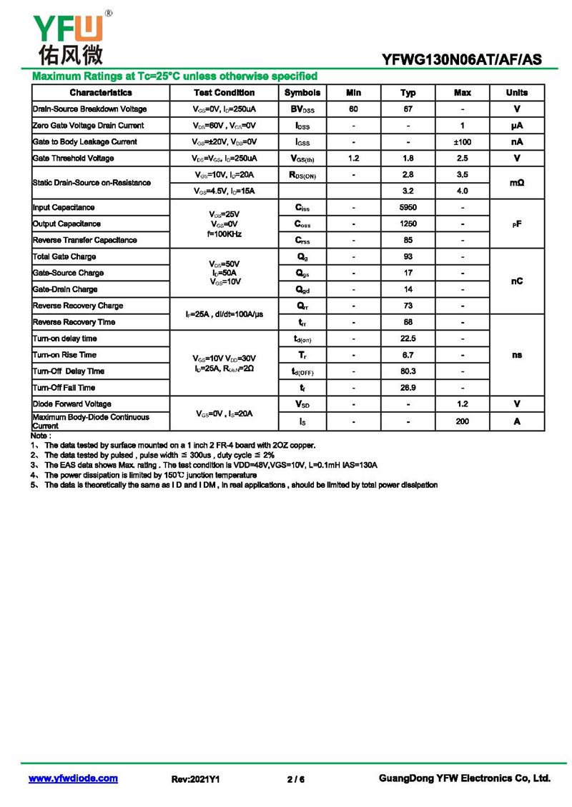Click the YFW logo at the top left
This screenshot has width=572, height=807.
click(x=68, y=36)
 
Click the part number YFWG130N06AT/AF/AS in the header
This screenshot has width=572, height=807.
click(x=462, y=60)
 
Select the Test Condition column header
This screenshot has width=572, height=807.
click(x=224, y=93)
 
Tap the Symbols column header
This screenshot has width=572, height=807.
click(x=302, y=93)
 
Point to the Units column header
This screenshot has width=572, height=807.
click(x=516, y=93)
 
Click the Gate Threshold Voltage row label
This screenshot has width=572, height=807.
click(x=73, y=159)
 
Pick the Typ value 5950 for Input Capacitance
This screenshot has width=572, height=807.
click(x=408, y=208)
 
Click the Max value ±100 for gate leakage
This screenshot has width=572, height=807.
click(x=462, y=142)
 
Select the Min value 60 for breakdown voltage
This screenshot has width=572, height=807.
click(x=353, y=109)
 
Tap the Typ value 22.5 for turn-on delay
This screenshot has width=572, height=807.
click(x=408, y=339)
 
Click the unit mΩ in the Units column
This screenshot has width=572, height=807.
click(x=516, y=183)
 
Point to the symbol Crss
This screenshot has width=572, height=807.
click(x=302, y=241)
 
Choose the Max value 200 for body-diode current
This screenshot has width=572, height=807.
click(x=462, y=421)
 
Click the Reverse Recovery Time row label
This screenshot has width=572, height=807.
click(x=74, y=322)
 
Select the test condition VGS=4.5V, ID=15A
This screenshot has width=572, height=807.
click(x=224, y=191)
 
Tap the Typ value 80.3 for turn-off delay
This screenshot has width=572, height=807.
click(x=408, y=371)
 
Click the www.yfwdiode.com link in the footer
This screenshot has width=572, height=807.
click(x=73, y=778)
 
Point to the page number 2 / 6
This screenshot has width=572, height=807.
click(x=295, y=779)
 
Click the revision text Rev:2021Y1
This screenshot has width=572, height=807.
click(x=195, y=779)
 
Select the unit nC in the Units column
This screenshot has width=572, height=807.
click(x=516, y=281)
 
